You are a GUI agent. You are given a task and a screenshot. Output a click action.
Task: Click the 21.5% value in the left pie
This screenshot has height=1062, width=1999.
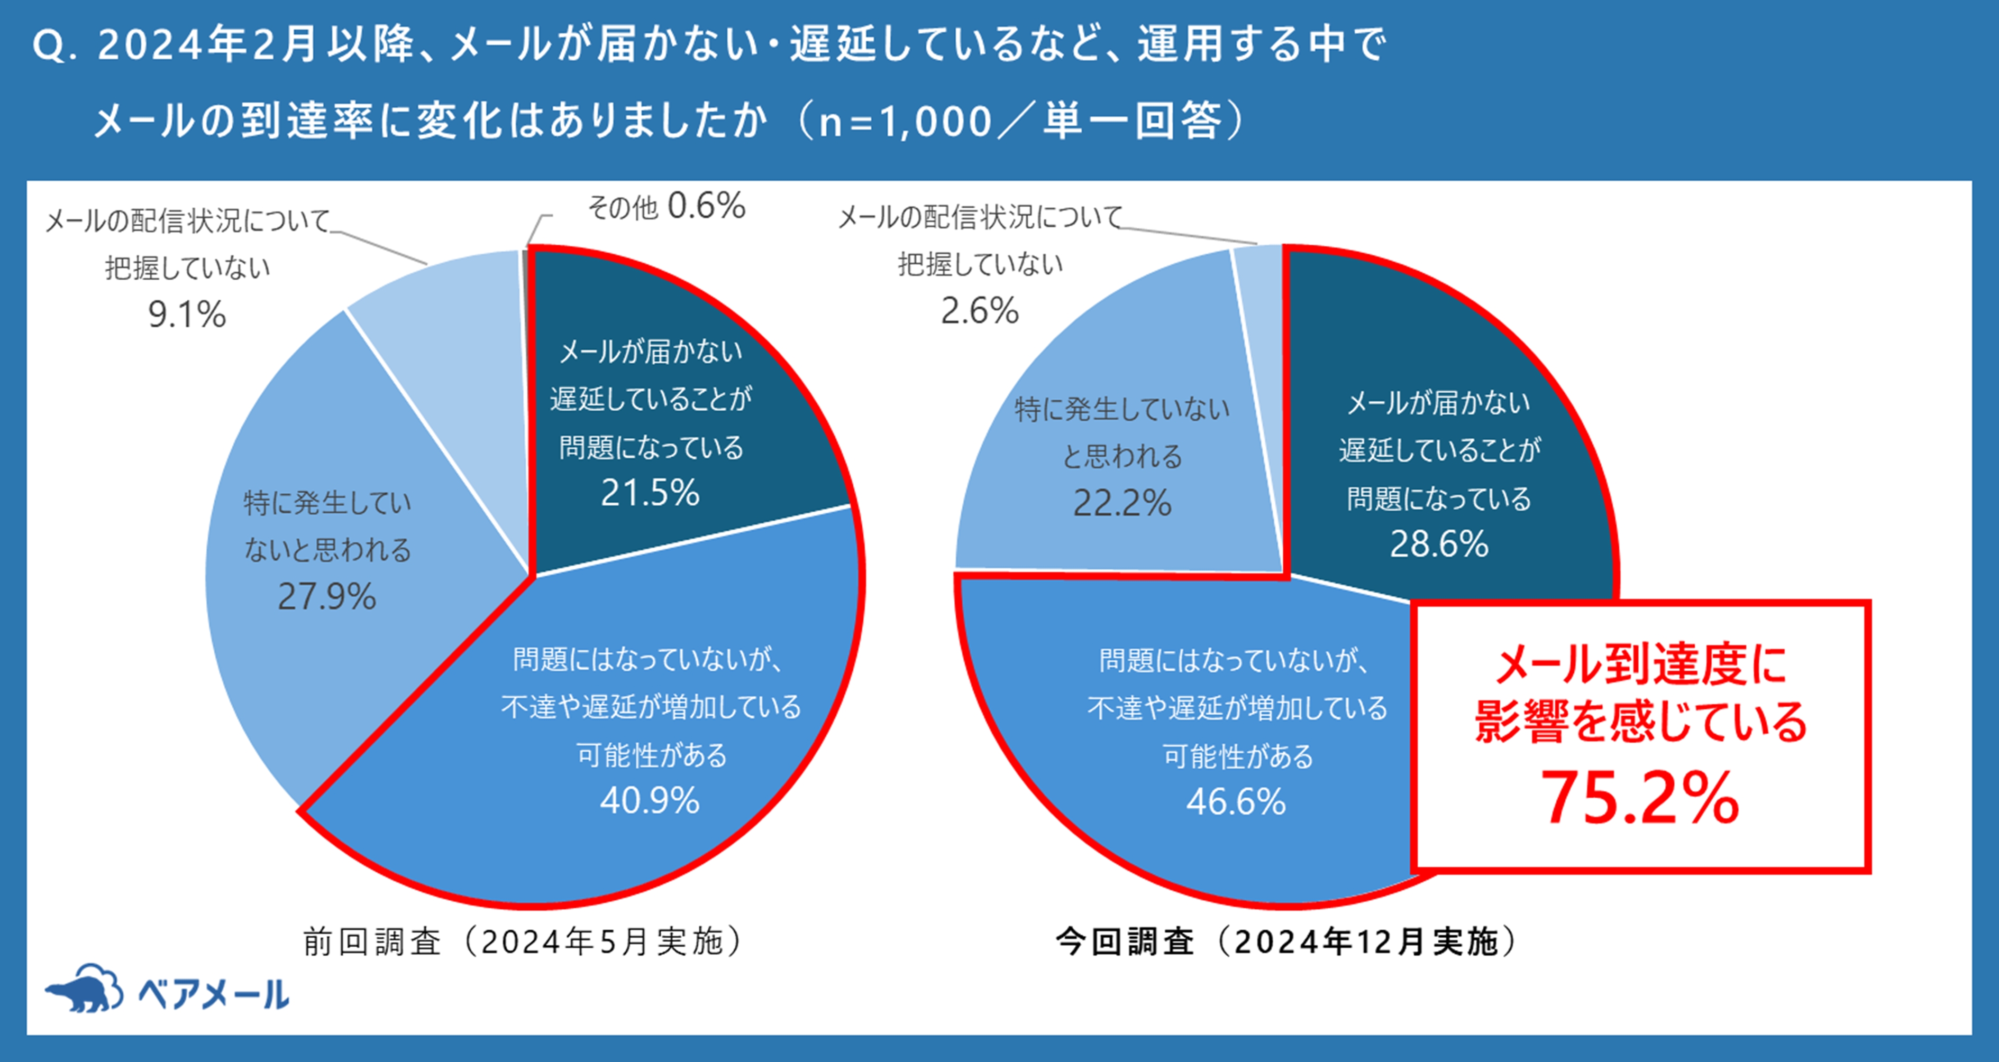[650, 493]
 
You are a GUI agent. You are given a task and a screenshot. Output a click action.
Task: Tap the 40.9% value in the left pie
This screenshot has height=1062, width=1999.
[650, 800]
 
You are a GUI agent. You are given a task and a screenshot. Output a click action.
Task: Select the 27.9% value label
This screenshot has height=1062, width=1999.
[327, 597]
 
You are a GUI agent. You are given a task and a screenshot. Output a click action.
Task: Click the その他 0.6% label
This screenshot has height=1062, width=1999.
[666, 206]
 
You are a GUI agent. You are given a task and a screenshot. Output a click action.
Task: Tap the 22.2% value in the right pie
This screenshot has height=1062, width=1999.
[1122, 503]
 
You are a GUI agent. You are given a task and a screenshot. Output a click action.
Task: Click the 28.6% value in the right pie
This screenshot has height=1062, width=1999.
[1439, 544]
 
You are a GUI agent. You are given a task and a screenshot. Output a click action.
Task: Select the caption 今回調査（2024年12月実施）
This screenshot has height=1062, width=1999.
[1285, 942]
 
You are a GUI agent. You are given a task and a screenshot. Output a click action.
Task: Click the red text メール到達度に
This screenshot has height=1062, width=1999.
[1640, 665]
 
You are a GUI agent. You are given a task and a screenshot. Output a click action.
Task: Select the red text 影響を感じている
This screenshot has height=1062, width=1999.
[1640, 722]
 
